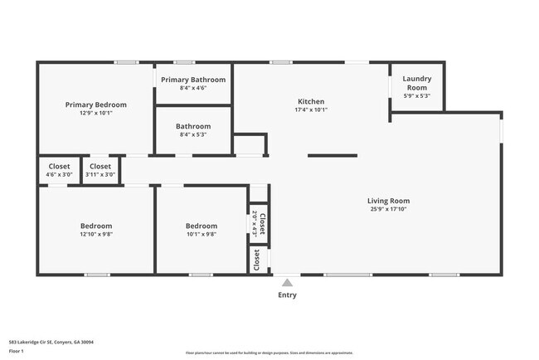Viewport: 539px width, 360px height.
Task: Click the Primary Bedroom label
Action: point(96,105)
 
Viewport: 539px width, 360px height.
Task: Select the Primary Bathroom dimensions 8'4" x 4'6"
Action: point(193,87)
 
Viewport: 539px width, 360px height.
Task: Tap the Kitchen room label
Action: point(311,101)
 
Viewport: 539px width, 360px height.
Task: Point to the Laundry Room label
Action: point(416,83)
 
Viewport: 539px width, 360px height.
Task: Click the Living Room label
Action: point(389,200)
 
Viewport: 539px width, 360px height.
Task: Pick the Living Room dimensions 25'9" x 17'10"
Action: point(389,209)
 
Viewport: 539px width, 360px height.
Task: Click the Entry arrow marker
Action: point(287,283)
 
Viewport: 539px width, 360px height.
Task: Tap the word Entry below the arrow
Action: point(287,295)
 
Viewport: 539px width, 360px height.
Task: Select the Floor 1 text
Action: point(17,351)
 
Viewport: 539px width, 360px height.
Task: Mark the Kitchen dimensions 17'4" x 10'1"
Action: point(311,109)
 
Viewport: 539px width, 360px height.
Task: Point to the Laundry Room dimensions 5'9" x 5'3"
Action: point(416,95)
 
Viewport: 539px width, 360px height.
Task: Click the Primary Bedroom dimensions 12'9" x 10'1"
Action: point(96,113)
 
